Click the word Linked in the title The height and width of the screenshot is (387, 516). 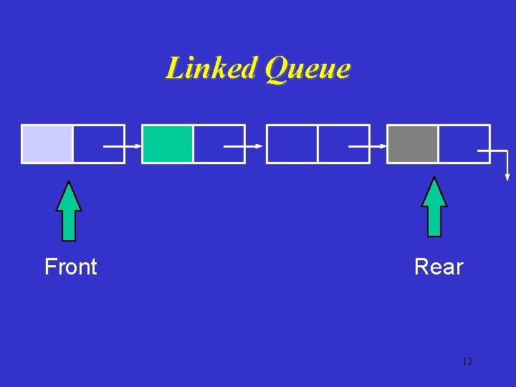pyautogui.click(x=211, y=69)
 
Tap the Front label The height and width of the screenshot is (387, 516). pyautogui.click(x=70, y=267)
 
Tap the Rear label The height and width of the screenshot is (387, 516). pyautogui.click(x=439, y=267)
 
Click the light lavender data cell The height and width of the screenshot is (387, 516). pyautogui.click(x=47, y=144)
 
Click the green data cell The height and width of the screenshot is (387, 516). pyautogui.click(x=168, y=144)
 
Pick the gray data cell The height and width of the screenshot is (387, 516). pyautogui.click(x=413, y=144)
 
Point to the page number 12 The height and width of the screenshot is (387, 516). pyautogui.click(x=467, y=361)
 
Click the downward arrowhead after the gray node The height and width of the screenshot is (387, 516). pyautogui.click(x=507, y=176)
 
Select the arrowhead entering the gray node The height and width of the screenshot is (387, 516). pyautogui.click(x=383, y=146)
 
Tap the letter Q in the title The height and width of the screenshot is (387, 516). pyautogui.click(x=276, y=69)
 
